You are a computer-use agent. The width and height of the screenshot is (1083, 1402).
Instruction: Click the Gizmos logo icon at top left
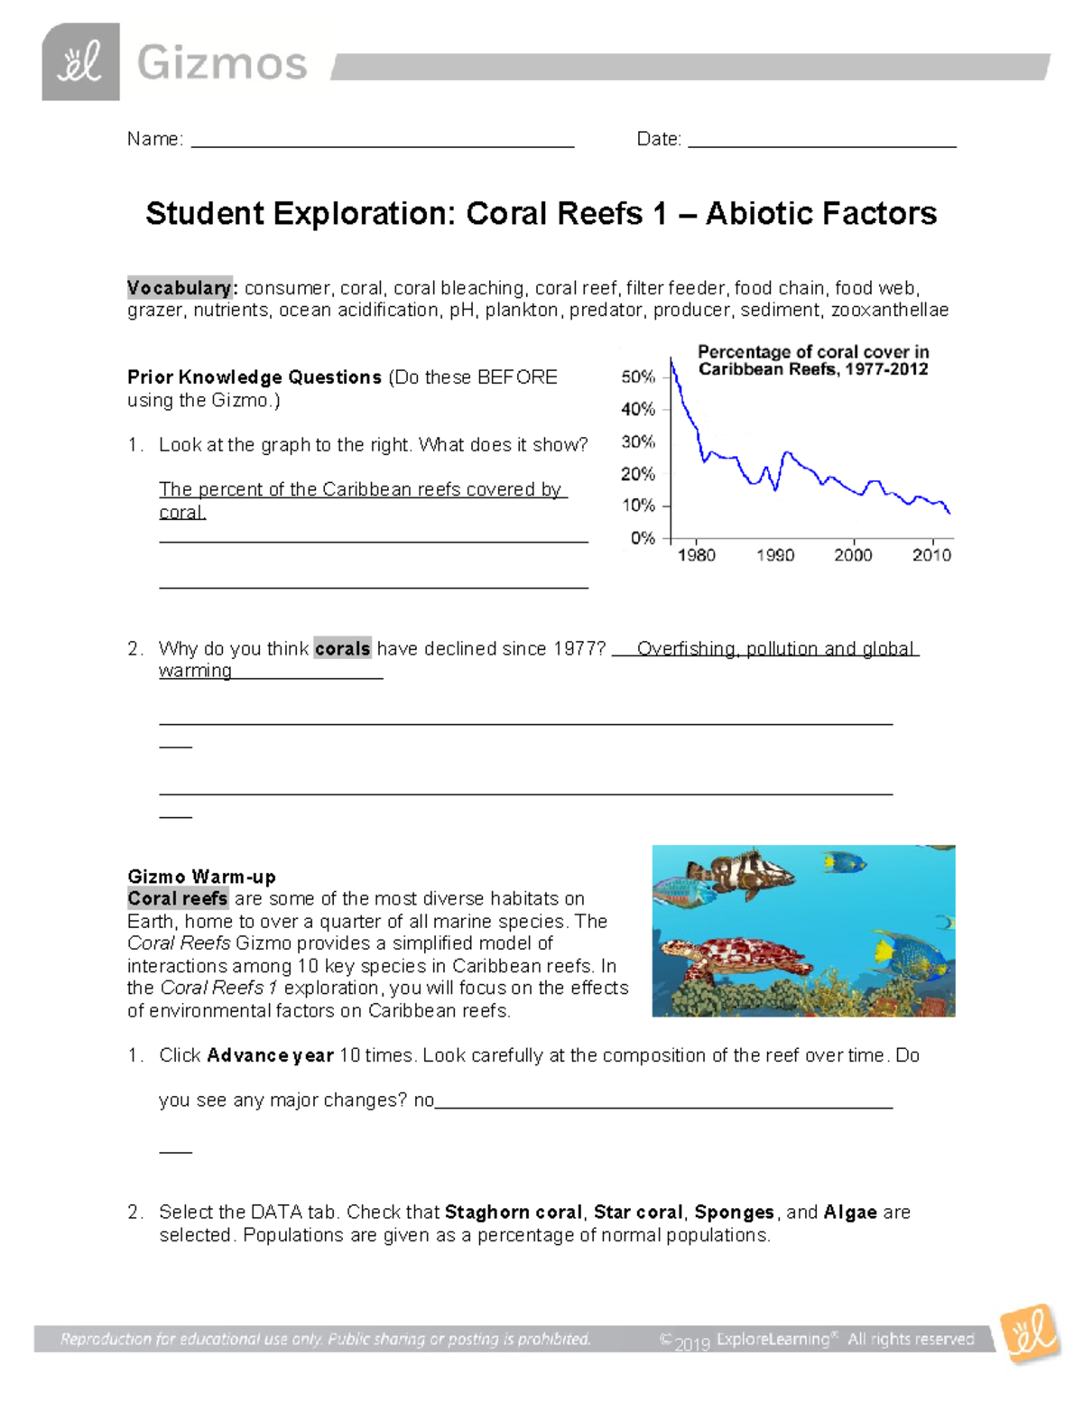(80, 62)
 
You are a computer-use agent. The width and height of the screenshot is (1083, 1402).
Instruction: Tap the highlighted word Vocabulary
(180, 288)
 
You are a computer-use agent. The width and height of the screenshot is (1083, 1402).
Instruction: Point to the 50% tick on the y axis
(667, 377)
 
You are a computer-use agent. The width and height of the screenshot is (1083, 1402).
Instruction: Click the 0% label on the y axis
(643, 538)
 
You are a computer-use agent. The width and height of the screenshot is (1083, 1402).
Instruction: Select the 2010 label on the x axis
(931, 555)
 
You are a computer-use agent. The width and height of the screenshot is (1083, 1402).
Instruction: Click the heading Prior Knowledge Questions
(255, 377)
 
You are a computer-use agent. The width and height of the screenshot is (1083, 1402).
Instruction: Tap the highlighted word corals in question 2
(342, 648)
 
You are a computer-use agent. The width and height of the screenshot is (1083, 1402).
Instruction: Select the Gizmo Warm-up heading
(201, 877)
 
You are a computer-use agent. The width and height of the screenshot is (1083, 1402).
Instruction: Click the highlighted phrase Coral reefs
(178, 898)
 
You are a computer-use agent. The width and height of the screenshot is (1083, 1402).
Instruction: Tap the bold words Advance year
(270, 1055)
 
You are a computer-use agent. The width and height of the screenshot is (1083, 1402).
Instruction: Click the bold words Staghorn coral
(514, 1212)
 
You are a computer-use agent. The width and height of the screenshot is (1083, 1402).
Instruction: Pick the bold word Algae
(850, 1212)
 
